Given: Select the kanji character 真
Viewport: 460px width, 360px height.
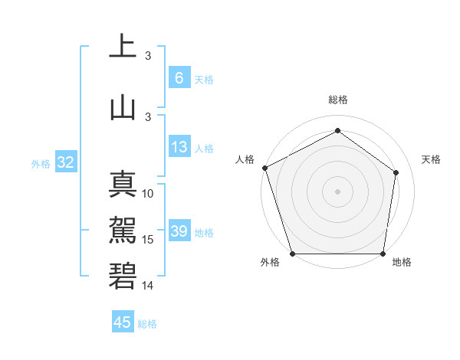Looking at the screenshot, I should pos(123,184).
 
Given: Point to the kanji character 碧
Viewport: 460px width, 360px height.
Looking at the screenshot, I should pos(123,274).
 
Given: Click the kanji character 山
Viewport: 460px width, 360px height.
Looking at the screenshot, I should pos(123,108).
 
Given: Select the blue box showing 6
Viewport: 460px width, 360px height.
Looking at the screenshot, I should pos(179,77).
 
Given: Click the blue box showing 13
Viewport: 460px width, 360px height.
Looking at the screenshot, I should pos(179,147).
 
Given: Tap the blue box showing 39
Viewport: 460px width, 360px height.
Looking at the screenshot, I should pos(179,231).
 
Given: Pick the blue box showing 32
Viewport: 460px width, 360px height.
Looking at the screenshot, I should pos(65,162).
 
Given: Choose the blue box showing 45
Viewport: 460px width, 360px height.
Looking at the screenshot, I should pos(123,322).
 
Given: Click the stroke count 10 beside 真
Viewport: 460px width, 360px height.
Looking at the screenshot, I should pos(149,194).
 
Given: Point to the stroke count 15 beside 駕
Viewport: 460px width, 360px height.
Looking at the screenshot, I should pos(149,240).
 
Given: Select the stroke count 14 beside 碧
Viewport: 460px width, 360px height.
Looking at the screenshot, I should pos(149,285).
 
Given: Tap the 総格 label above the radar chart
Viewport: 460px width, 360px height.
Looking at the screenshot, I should pos(337,100).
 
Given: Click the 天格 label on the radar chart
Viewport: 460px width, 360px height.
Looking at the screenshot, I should pos(432,159).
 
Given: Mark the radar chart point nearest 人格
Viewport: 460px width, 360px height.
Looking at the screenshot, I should pos(264,168).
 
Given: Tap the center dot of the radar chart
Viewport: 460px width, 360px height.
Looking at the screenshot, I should pos(337,191).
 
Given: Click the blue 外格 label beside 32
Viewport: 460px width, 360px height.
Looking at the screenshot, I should pos(40,163).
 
